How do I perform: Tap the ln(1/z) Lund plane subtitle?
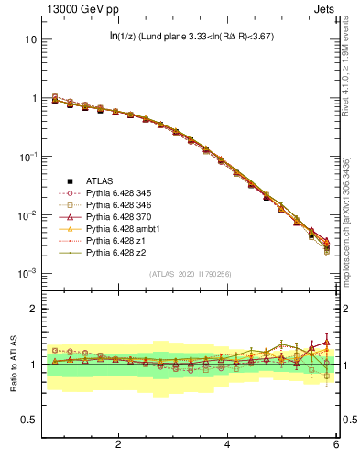(x=191, y=37)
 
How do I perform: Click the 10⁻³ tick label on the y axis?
(x=27, y=274)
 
